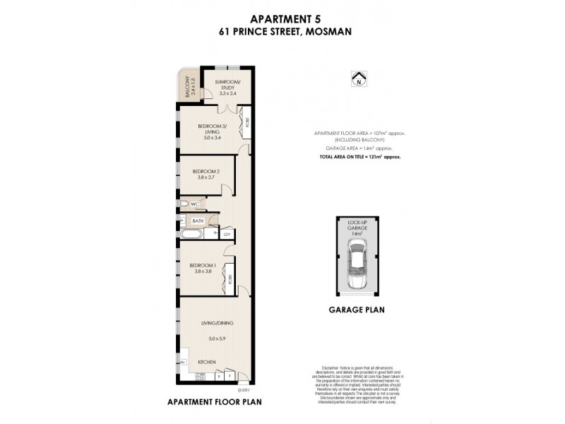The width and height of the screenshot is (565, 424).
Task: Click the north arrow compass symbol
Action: click(358, 79)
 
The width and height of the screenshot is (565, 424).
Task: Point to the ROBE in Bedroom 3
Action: click(245, 122)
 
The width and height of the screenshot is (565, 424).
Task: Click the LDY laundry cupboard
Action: click(227, 234)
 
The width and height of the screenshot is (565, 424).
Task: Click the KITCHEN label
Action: click(206, 362)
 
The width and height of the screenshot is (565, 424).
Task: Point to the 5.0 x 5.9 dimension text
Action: click(216, 338)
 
